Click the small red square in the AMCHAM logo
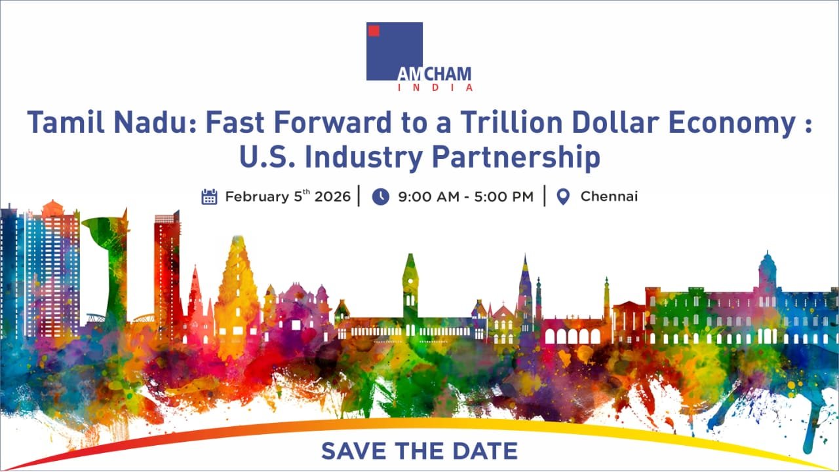pyautogui.click(x=374, y=31)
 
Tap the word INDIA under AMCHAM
pyautogui.click(x=435, y=88)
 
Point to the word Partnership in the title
pyautogui.click(x=516, y=158)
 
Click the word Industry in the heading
pyautogui.click(x=364, y=158)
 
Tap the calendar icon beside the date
pyautogui.click(x=209, y=197)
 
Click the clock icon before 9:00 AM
pyautogui.click(x=381, y=197)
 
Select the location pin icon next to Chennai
pyautogui.click(x=563, y=197)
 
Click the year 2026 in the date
pyautogui.click(x=332, y=197)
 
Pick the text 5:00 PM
pyautogui.click(x=504, y=197)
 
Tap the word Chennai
pyautogui.click(x=609, y=196)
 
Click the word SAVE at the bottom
pyautogui.click(x=353, y=450)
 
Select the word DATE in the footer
pyautogui.click(x=485, y=450)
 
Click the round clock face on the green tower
pyautogui.click(x=411, y=281)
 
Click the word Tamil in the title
pyautogui.click(x=66, y=122)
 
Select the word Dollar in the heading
pyautogui.click(x=615, y=122)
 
